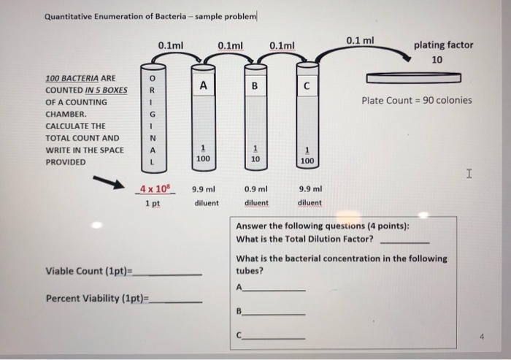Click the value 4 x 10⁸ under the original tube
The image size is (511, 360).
point(153,188)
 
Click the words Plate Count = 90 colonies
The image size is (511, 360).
point(417,100)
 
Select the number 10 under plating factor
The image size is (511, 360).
point(437,60)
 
